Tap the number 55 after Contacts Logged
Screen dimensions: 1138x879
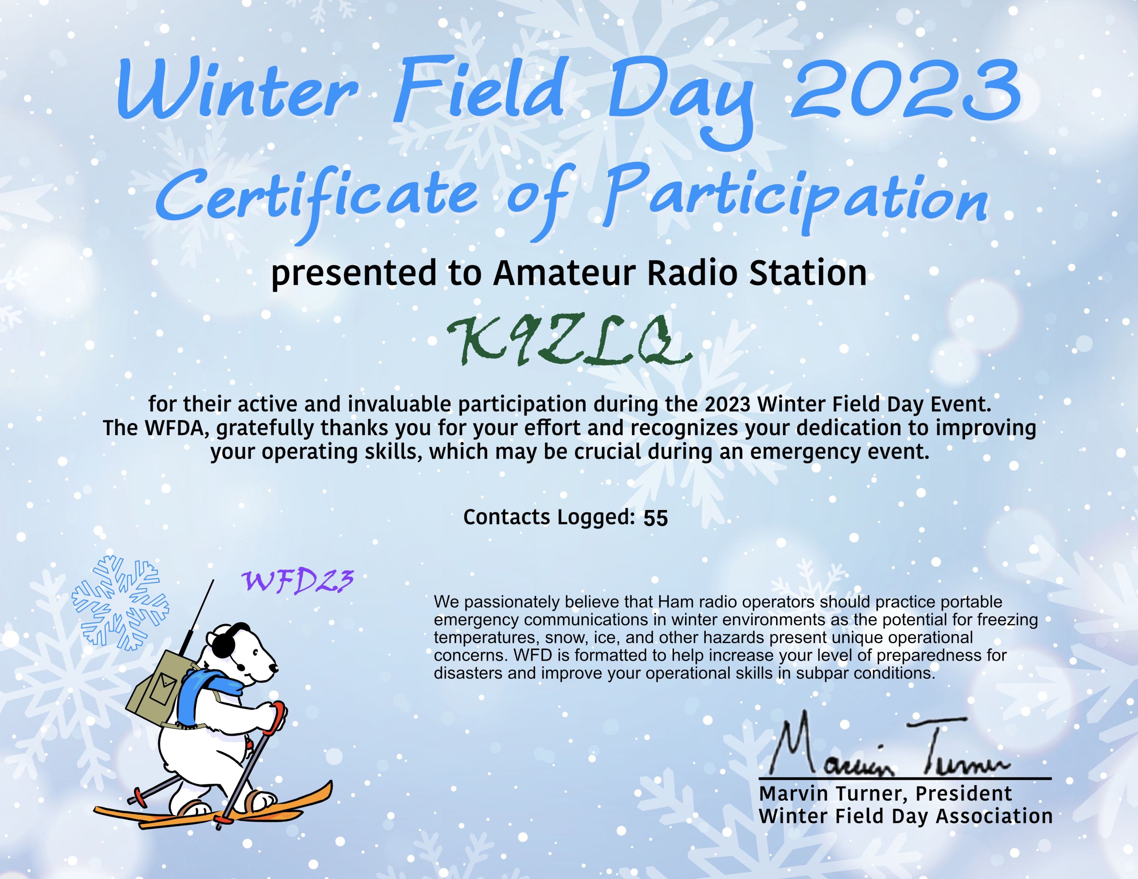pos(655,518)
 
